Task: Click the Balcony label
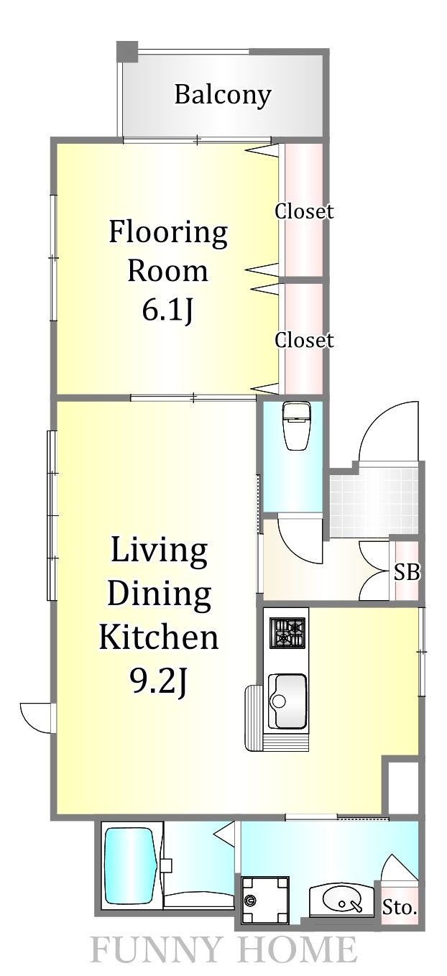[223, 95]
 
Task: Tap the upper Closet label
[304, 211]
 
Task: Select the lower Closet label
[304, 340]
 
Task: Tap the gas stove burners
[287, 633]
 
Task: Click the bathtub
[131, 867]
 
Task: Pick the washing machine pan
[265, 900]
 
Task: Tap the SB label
[407, 573]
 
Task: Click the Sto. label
[399, 908]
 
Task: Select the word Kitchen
[158, 636]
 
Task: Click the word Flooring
[168, 232]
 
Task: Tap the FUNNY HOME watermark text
[223, 951]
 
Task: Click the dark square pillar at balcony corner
[127, 52]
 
